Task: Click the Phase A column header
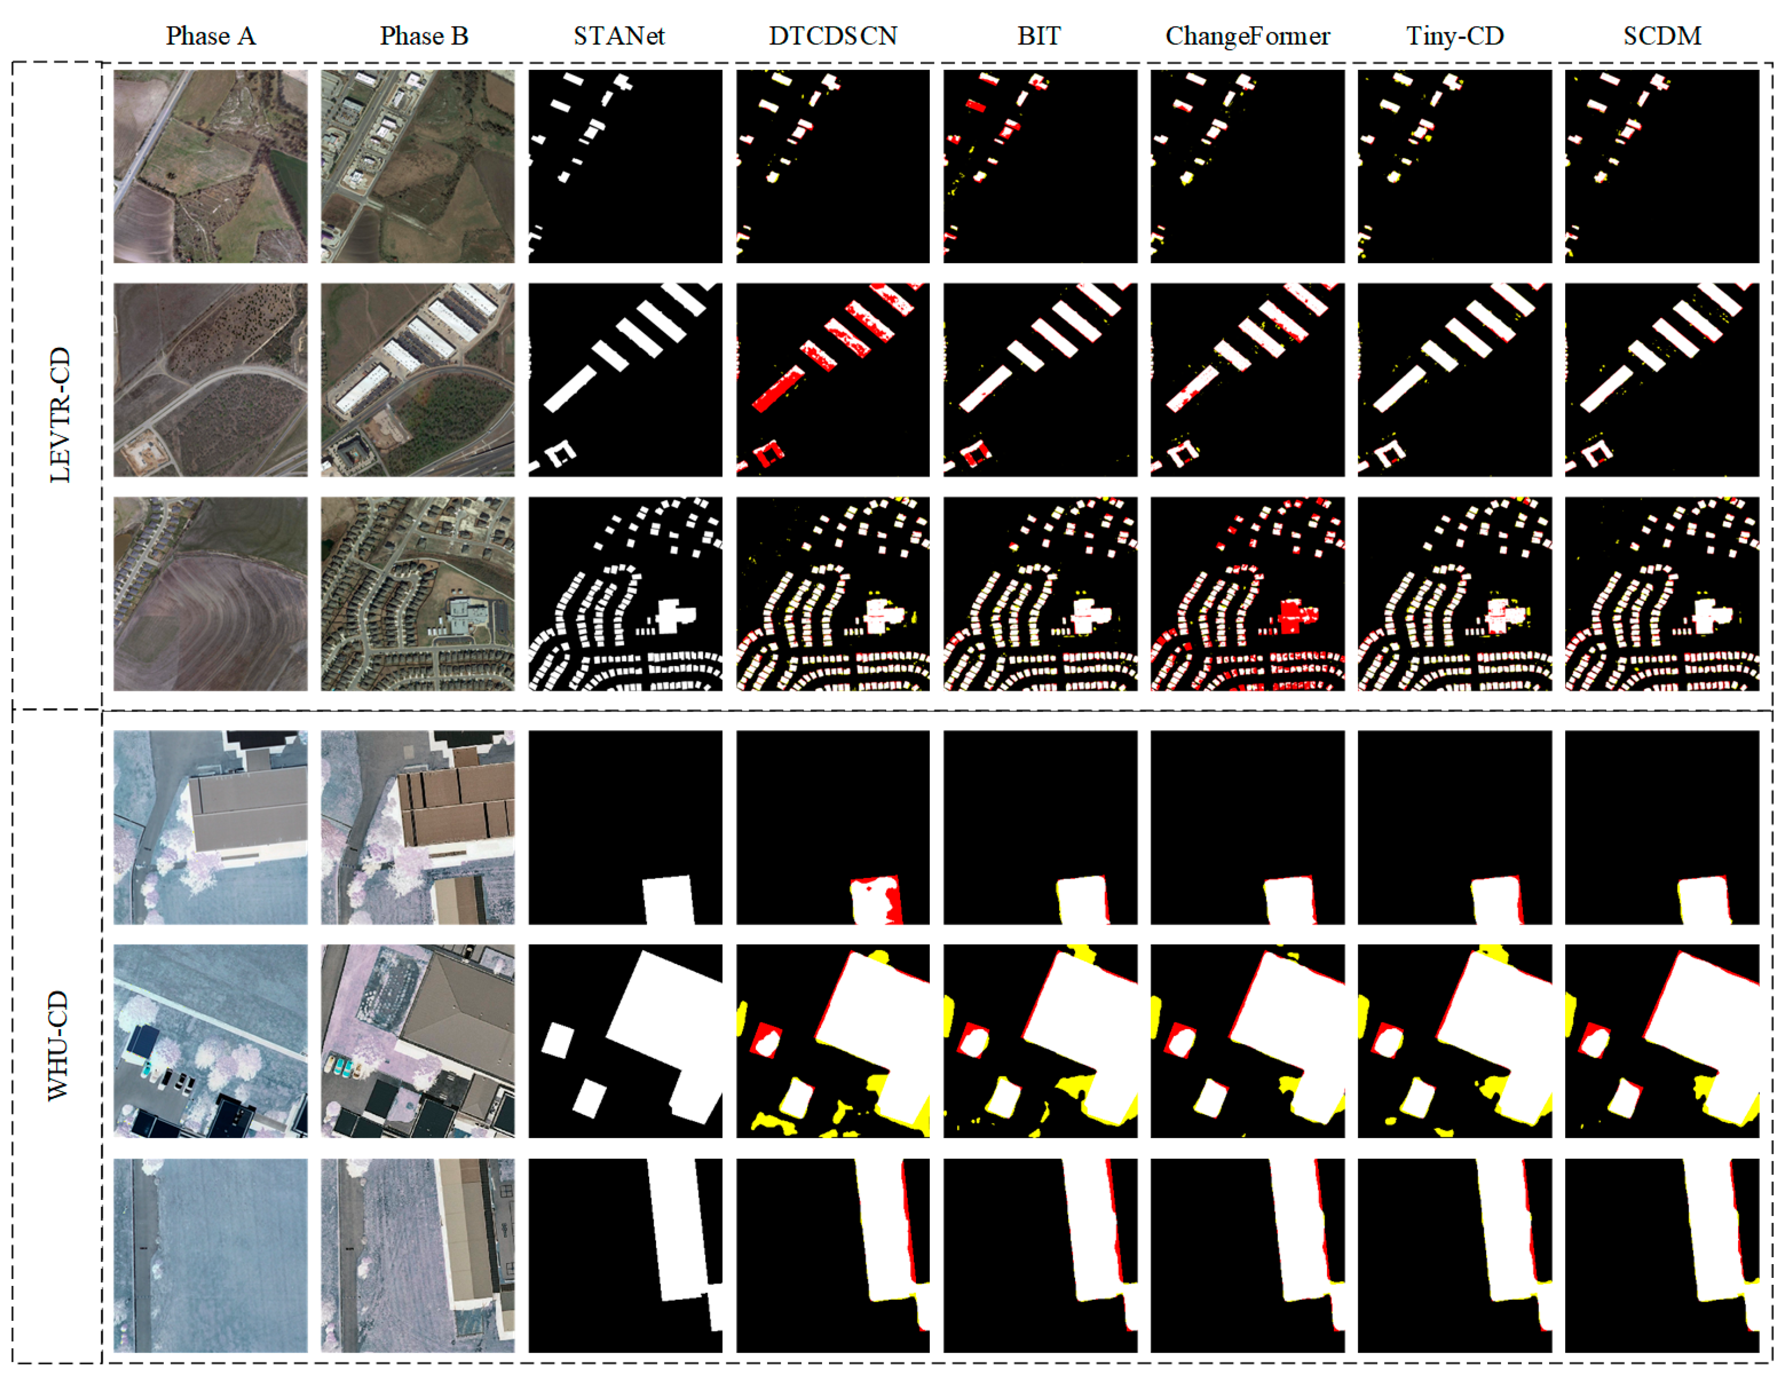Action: (211, 36)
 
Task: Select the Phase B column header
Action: (424, 36)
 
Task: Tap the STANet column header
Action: (619, 36)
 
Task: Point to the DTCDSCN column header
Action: (833, 36)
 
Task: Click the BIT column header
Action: (1039, 36)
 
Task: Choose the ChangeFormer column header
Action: (1247, 36)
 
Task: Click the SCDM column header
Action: (1662, 36)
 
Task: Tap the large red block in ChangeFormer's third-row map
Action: (1291, 614)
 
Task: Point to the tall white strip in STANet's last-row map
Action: (679, 1229)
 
